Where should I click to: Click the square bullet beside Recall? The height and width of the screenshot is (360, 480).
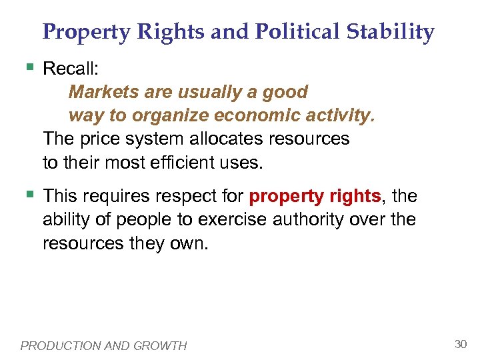coord(28,67)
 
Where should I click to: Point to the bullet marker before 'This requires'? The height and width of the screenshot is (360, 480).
coord(28,195)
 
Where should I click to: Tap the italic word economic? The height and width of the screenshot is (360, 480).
coord(253,116)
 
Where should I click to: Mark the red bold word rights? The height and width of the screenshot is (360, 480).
coord(355,197)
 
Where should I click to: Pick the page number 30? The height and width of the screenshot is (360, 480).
coord(460,344)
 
